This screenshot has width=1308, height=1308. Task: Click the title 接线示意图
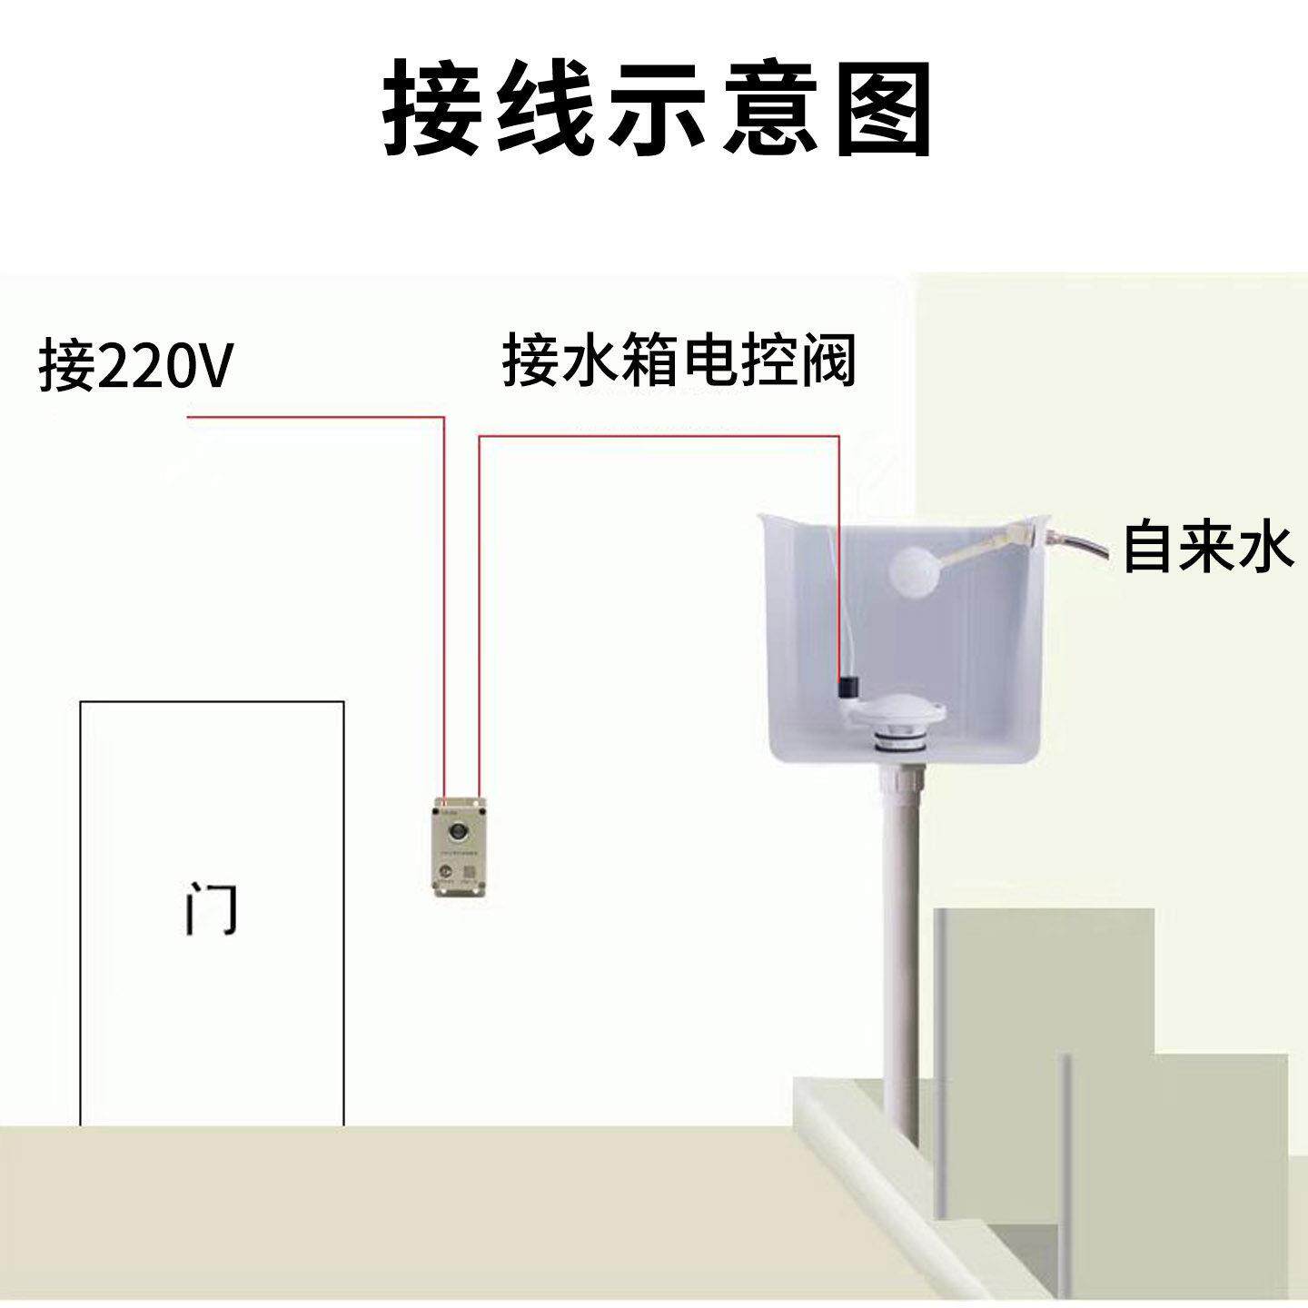tap(656, 110)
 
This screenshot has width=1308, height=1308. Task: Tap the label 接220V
tap(136, 366)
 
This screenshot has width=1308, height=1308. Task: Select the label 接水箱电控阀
tap(679, 362)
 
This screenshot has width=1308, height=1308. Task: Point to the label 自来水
tap(1207, 547)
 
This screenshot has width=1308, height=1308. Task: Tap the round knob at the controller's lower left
tap(445, 871)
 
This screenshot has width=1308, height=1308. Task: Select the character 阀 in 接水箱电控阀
tap(828, 362)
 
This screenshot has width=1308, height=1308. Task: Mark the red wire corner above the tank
tap(838, 437)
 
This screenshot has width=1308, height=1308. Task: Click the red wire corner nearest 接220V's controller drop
tap(443, 418)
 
